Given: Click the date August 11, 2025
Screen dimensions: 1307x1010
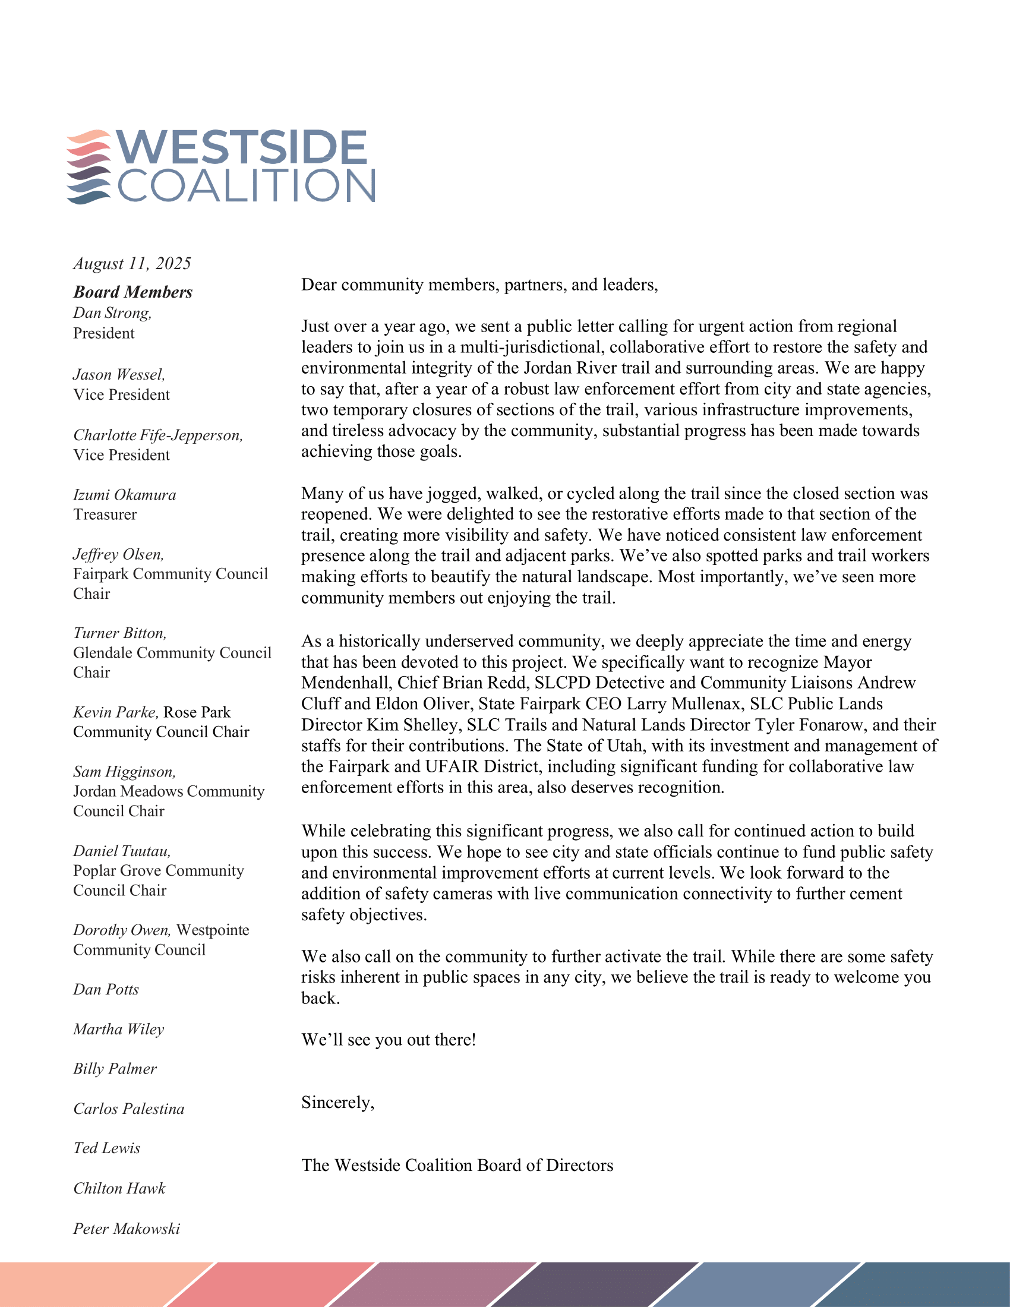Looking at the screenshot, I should [x=132, y=264].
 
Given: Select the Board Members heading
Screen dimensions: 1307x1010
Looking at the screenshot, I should [x=133, y=292].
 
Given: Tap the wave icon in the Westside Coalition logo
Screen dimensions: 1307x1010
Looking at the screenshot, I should [x=89, y=167].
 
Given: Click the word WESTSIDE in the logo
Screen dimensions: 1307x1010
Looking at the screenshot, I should [x=241, y=148].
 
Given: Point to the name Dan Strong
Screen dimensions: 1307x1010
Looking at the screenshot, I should [x=112, y=313].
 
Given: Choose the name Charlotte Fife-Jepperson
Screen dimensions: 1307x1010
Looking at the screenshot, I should [x=158, y=435].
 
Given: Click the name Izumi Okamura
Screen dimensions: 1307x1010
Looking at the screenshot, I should [x=124, y=495].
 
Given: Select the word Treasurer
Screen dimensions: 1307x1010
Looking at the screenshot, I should [x=105, y=514].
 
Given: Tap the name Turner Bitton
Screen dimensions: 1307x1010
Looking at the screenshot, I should [x=119, y=633].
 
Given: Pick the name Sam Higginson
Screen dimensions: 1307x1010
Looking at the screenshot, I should [x=124, y=772].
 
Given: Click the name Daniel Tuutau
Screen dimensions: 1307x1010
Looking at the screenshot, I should [x=122, y=851].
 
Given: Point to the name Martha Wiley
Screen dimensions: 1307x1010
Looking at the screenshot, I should [x=118, y=1030].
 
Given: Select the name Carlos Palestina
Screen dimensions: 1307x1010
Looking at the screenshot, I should [x=129, y=1109].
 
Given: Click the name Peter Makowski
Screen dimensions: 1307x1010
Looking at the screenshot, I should [x=126, y=1229].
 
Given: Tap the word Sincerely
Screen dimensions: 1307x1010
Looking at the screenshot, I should [x=337, y=1102].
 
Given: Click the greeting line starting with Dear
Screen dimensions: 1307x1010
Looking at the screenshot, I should [x=479, y=285].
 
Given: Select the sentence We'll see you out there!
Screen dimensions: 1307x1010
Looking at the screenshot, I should [x=389, y=1040].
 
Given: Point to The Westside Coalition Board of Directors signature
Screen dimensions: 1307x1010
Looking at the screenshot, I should [x=457, y=1165].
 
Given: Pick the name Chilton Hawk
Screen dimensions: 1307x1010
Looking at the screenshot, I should [x=119, y=1189].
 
